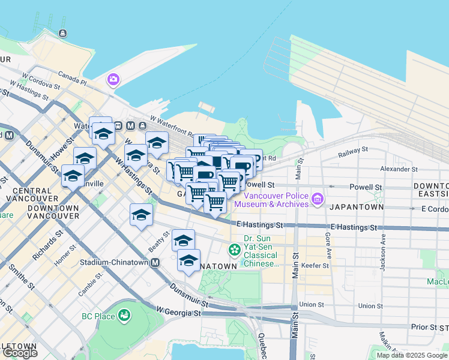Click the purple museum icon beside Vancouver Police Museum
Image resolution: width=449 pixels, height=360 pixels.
click(317, 198)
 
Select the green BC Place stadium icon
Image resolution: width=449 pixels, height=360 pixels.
click(124, 314)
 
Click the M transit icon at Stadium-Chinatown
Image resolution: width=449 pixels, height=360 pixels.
click(155, 262)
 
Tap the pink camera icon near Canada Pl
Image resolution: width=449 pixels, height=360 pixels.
click(113, 79)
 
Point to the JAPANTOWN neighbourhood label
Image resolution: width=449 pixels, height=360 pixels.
click(355, 207)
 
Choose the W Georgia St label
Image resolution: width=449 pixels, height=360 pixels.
click(178, 312)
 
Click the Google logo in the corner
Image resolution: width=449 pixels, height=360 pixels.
click(20, 353)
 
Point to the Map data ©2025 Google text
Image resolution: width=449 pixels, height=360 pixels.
click(411, 355)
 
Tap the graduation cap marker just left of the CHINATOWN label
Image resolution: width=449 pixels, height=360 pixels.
click(188, 260)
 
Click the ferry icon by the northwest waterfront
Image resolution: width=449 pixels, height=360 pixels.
click(62, 34)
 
